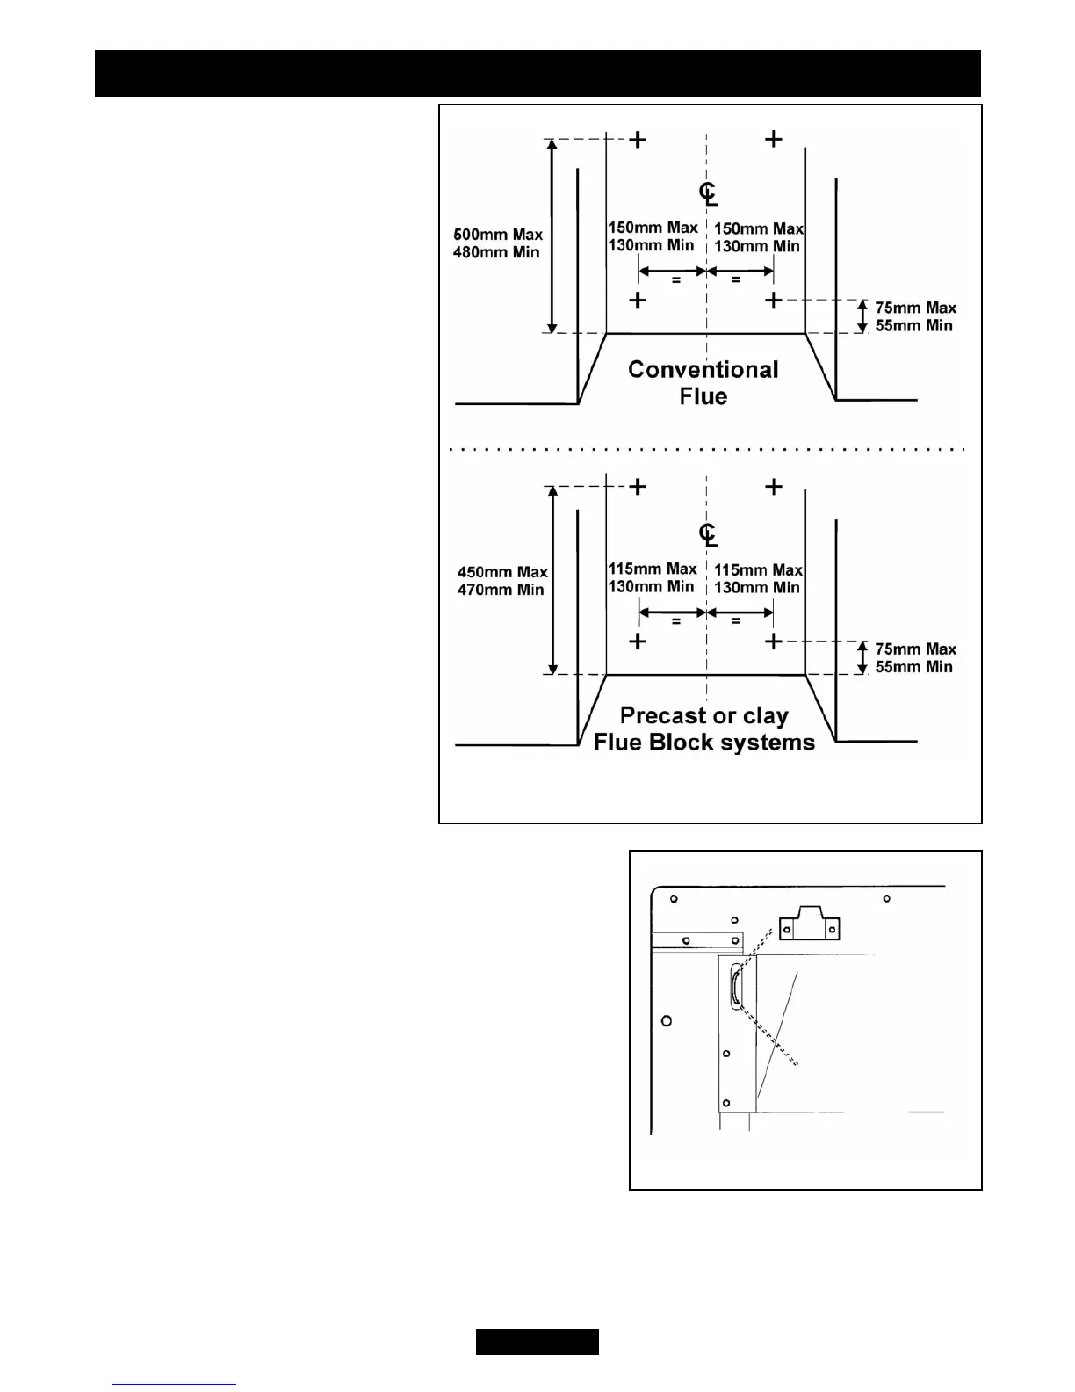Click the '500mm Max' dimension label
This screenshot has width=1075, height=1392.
498,235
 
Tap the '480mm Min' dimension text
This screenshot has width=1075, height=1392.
496,252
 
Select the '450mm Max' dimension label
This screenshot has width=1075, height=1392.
502,572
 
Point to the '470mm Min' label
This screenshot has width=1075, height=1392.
501,590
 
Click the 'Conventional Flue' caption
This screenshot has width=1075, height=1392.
703,382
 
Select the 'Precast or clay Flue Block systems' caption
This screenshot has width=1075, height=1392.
703,729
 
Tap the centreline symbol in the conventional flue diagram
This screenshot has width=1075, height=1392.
708,193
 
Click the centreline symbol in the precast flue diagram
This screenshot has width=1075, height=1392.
708,534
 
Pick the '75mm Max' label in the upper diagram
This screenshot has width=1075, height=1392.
915,308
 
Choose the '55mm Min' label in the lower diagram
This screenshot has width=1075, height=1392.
913,667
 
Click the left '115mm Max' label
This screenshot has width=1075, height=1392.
653,569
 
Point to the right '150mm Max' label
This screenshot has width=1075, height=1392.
758,228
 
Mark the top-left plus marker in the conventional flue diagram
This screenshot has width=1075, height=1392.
639,139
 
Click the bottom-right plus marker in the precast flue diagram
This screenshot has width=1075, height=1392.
773,642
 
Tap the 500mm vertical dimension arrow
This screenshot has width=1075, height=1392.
552,236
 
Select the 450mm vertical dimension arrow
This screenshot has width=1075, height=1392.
552,580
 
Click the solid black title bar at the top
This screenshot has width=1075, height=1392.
537,73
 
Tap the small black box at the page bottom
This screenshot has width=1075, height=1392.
537,1342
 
